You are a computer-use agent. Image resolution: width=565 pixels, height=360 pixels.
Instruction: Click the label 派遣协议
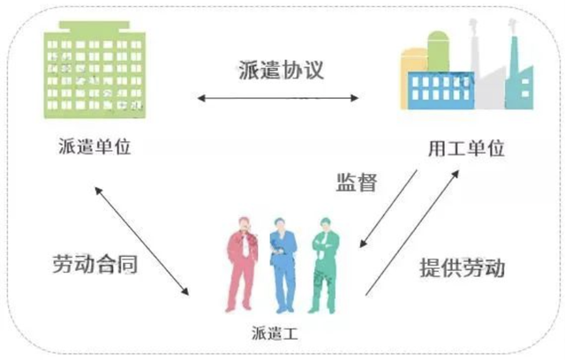click(x=281, y=69)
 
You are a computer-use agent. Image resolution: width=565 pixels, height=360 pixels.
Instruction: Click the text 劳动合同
click(x=94, y=264)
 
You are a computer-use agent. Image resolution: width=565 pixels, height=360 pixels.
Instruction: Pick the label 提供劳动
click(x=462, y=266)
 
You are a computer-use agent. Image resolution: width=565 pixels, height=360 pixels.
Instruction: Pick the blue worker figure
click(x=282, y=265)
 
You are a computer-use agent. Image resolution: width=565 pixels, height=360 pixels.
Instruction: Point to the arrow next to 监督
click(x=388, y=208)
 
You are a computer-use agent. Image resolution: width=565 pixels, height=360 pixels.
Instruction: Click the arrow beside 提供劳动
click(x=413, y=231)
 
